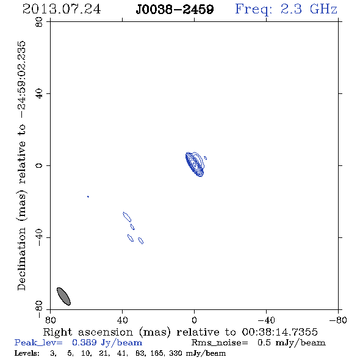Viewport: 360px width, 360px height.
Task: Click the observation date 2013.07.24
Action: pos(62,9)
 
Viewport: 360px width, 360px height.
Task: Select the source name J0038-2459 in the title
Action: pos(175,9)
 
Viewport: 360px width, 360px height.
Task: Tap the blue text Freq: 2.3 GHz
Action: pos(286,9)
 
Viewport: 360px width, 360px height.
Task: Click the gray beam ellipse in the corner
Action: pos(63,296)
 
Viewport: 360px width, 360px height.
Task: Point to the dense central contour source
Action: pos(195,164)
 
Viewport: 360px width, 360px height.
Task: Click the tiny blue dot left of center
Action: pos(88,196)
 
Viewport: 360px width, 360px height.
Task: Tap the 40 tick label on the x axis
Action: pos(122,320)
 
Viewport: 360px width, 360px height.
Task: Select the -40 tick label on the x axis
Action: pos(266,320)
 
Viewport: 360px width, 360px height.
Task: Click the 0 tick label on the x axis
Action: pos(194,320)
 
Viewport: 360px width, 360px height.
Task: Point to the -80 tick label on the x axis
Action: pos(338,320)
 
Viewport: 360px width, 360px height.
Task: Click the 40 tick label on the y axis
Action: pos(39,93)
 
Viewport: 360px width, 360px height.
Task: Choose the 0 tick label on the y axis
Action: pos(39,165)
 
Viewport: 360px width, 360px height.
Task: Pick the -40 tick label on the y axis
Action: pos(39,237)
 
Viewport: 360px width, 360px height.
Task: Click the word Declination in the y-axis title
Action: pos(21,259)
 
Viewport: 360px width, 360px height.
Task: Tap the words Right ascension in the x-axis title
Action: pos(88,332)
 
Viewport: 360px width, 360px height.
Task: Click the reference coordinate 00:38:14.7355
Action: pos(279,332)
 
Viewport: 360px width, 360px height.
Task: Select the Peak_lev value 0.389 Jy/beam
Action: pos(107,342)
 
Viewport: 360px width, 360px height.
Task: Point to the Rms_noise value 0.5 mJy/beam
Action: pos(291,342)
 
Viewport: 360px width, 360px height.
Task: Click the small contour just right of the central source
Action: pos(206,158)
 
